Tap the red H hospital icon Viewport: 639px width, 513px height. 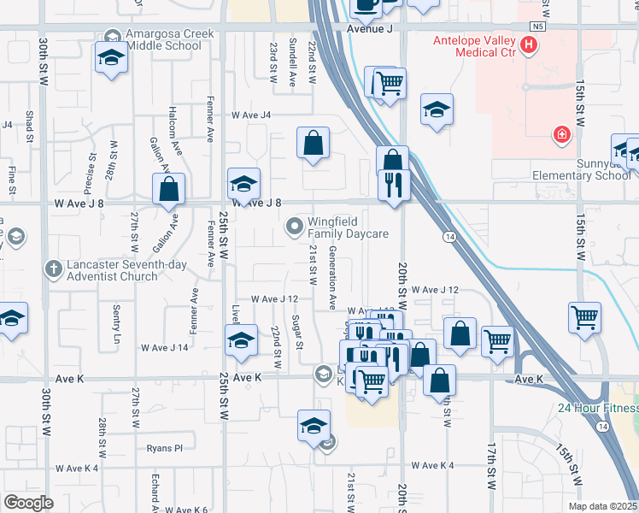pos(531,44)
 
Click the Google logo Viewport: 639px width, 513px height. pos(28,503)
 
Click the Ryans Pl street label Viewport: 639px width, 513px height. pos(165,447)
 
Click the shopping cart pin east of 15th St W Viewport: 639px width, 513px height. pos(585,317)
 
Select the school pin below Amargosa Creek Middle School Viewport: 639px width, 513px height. pos(111,59)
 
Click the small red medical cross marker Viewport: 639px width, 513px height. pos(561,133)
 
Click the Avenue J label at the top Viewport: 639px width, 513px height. pos(370,28)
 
